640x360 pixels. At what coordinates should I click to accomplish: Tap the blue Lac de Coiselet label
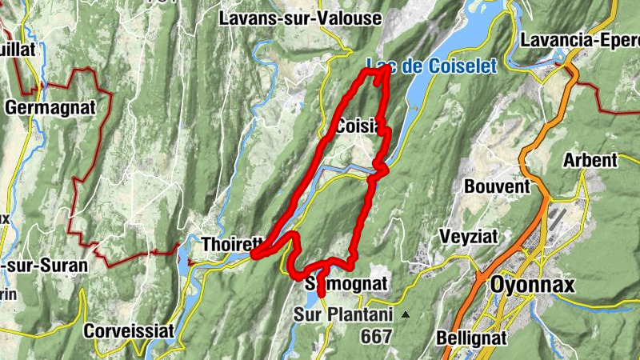pyautogui.click(x=432, y=65)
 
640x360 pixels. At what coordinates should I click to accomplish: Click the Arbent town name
pyautogui.click(x=590, y=160)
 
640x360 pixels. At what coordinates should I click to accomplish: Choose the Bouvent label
pyautogui.click(x=497, y=186)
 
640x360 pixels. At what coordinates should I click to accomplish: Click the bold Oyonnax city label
pyautogui.click(x=532, y=285)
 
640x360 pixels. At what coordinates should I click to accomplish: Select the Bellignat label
pyautogui.click(x=472, y=338)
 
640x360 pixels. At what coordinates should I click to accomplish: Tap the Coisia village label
pyautogui.click(x=357, y=127)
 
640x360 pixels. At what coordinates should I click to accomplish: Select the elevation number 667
pyautogui.click(x=376, y=337)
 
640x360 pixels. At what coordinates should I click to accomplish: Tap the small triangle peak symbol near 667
pyautogui.click(x=406, y=314)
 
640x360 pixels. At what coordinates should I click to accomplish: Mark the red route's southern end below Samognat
pyautogui.click(x=322, y=295)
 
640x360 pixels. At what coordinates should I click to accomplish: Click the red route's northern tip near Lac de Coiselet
pyautogui.click(x=388, y=70)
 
